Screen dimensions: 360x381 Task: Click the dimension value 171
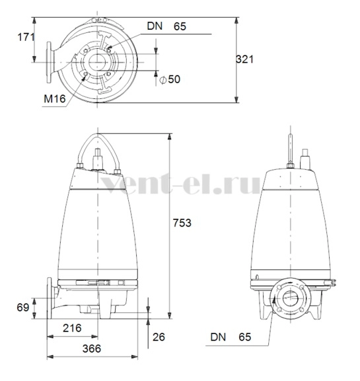click(26, 37)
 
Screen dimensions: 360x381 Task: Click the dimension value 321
click(244, 59)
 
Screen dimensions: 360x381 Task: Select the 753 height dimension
click(182, 223)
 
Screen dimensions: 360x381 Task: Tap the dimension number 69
click(23, 308)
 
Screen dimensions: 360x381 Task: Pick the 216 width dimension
click(72, 328)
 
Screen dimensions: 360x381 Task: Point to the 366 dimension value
click(92, 349)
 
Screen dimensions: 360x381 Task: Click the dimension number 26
click(159, 337)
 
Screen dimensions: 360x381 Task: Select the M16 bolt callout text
click(55, 98)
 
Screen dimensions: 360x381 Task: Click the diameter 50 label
click(170, 79)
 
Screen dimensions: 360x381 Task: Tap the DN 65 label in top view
click(166, 26)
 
